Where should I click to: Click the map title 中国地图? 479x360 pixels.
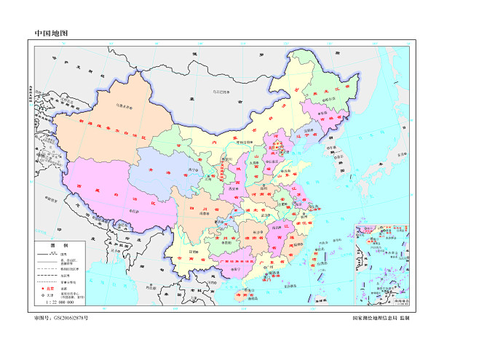(x=52, y=33)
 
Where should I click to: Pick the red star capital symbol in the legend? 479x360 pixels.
(x=42, y=289)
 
